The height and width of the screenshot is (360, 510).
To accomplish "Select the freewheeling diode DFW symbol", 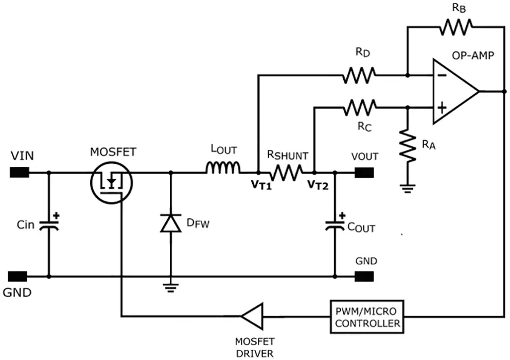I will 170,223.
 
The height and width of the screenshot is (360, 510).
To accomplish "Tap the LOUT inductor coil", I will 223,167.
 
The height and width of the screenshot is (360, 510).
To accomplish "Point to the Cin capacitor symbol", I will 49,225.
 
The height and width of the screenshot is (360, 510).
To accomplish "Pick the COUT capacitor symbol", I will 335,224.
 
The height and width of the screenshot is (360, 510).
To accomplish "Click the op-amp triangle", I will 454,91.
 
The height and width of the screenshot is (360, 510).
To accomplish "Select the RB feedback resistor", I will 455,27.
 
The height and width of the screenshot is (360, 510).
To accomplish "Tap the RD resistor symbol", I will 359,76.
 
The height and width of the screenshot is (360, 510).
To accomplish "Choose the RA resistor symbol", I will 408,146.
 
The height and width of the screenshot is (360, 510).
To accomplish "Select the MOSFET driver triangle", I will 252,316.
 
